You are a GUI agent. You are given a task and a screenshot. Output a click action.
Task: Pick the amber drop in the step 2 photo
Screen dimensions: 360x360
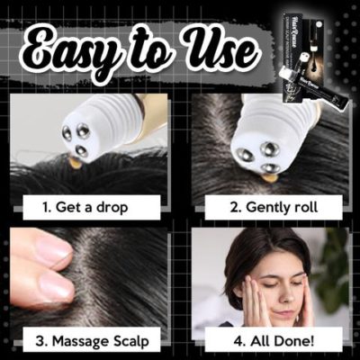[x=267, y=177]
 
